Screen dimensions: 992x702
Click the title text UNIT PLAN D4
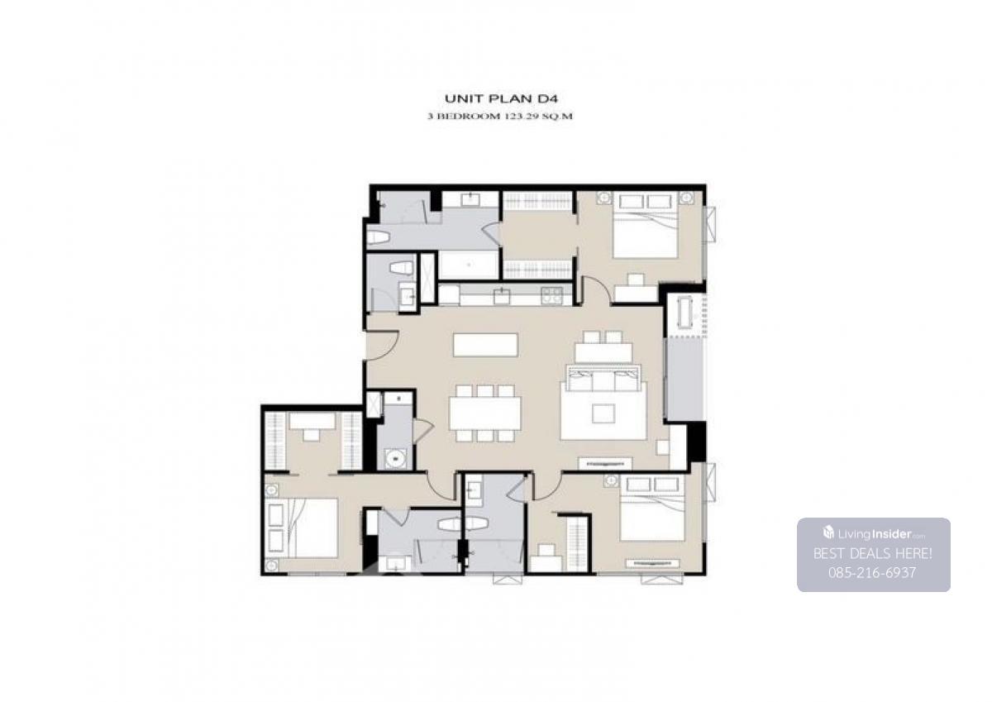click(x=501, y=98)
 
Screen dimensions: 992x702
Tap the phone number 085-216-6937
click(x=872, y=573)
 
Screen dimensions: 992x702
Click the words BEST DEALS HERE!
click(x=873, y=554)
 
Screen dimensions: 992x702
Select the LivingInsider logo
click(x=873, y=533)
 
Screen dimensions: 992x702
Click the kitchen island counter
click(x=485, y=345)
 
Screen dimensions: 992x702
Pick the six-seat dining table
click(x=485, y=413)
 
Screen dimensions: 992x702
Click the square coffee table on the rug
click(x=603, y=413)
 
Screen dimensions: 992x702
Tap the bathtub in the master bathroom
click(x=469, y=265)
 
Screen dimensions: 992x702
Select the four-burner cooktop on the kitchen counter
click(x=552, y=295)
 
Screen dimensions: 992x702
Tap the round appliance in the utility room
click(x=395, y=457)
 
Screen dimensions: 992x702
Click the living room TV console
click(x=605, y=464)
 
